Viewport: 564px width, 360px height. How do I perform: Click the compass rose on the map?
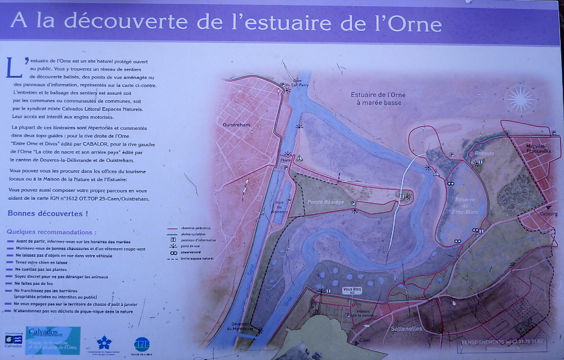[x=519, y=99]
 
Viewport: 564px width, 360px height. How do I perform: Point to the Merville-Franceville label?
[x=534, y=148]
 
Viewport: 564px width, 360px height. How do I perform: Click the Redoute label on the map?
[x=484, y=153]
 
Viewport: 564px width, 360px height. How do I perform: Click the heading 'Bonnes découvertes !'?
[x=48, y=213]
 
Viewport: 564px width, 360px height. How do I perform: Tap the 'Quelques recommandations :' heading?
[x=51, y=231]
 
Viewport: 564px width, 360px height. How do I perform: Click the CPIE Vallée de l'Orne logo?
[x=142, y=344]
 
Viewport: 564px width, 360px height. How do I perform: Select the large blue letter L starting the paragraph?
[x=14, y=67]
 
